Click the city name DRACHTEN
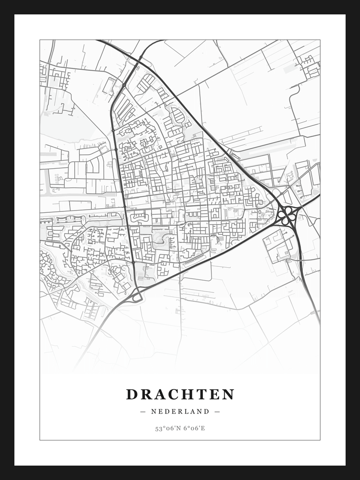coord(180,395)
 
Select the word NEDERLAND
coord(180,411)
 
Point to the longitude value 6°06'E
coord(194,428)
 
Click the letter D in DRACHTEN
coord(131,395)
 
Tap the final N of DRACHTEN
coord(228,395)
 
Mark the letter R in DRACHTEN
coord(145,395)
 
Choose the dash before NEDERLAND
coord(143,411)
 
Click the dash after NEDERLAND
coord(217,411)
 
